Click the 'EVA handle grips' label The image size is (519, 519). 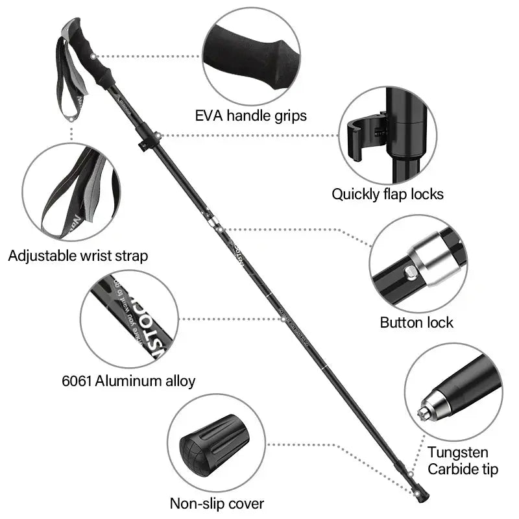coord(250,116)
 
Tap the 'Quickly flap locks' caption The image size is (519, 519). coord(387,193)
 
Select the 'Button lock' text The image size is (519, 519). coord(416,322)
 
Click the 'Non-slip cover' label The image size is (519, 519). coord(217,503)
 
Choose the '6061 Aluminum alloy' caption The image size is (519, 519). coord(128,381)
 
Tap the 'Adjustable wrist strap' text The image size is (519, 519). coord(78,256)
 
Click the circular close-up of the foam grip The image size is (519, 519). coord(251,56)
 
